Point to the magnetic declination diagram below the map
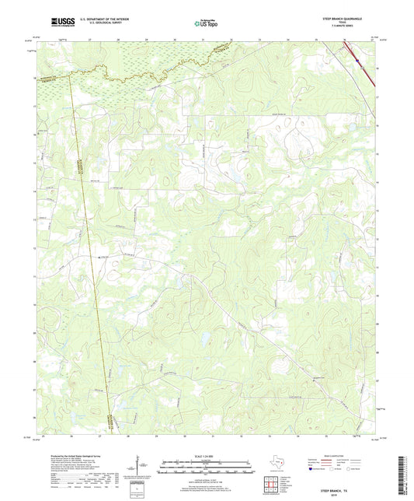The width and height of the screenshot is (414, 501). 142,469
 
